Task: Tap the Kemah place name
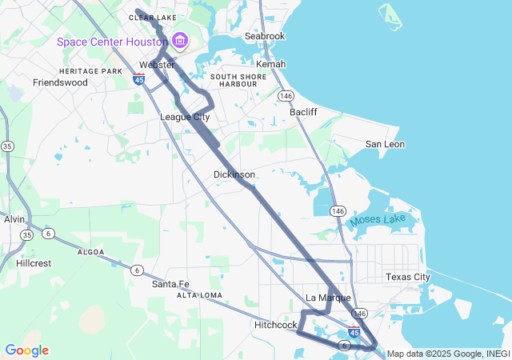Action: (270, 64)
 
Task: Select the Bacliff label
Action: (303, 112)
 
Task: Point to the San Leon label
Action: (385, 144)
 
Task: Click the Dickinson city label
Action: (234, 174)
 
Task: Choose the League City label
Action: (185, 117)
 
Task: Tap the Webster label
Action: (157, 65)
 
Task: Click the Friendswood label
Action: (60, 82)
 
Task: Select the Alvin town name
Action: (14, 219)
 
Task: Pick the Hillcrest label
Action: (34, 262)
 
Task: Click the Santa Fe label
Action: (170, 284)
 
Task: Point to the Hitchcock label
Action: (276, 325)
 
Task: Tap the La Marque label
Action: (329, 298)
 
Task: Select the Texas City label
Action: (407, 277)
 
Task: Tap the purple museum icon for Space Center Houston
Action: (179, 41)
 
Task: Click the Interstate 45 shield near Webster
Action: (139, 80)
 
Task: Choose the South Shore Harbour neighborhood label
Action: (233, 79)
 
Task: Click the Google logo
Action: (26, 350)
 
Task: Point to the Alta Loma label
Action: (200, 295)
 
